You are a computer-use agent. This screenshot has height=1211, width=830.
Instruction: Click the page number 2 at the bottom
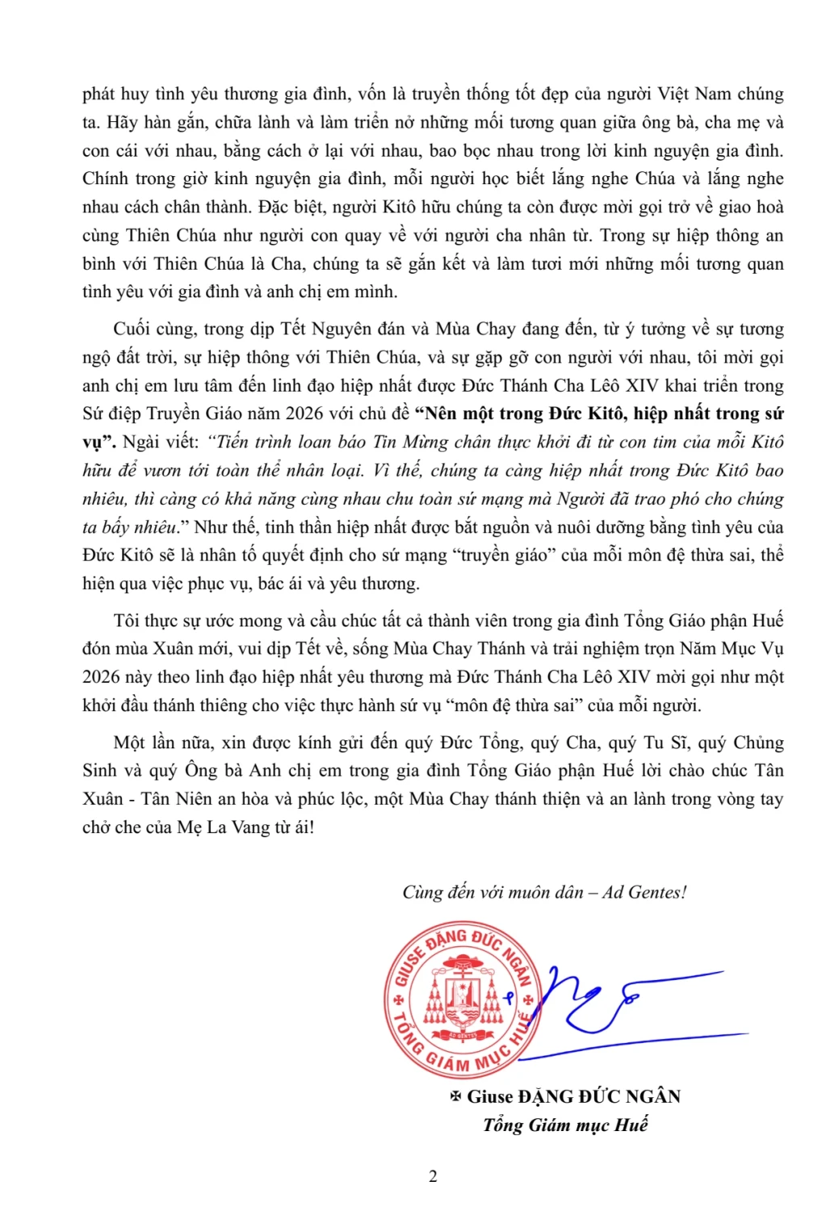point(433,1176)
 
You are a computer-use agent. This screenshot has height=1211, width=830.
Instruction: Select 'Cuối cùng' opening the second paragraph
point(149,329)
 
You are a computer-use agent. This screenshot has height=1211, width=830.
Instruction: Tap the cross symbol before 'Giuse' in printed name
point(455,1096)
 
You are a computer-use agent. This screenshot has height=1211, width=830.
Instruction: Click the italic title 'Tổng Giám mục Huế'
point(565,1125)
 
